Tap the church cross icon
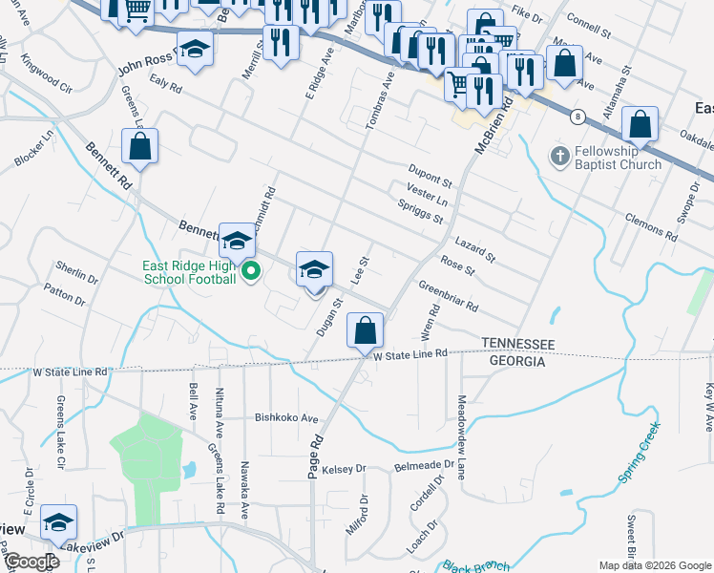pyautogui.click(x=558, y=154)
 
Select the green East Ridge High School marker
pyautogui.click(x=251, y=272)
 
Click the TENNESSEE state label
pyautogui.click(x=517, y=344)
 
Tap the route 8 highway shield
pyautogui.click(x=577, y=117)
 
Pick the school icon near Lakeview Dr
pyautogui.click(x=58, y=521)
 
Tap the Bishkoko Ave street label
pyautogui.click(x=285, y=418)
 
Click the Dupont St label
pyautogui.click(x=430, y=178)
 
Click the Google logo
pyautogui.click(x=31, y=562)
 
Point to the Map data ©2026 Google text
pyautogui.click(x=654, y=565)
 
